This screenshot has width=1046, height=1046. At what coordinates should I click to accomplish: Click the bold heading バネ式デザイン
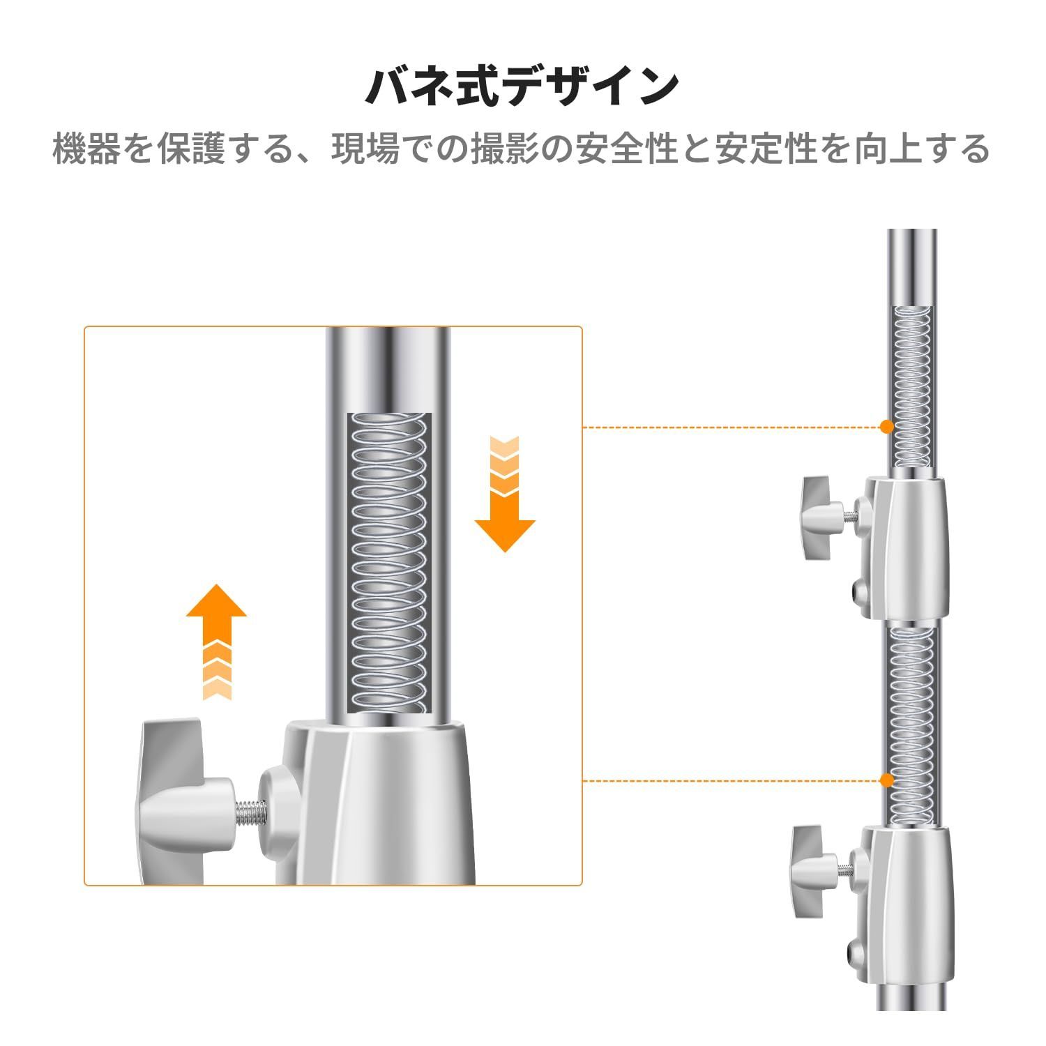522,86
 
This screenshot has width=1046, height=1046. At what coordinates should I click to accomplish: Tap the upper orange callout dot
887,426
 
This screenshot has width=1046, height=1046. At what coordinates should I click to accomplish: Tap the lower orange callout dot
887,780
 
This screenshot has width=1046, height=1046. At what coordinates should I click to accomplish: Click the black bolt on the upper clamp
858,593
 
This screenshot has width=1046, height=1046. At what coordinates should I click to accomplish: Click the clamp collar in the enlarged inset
373,802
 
